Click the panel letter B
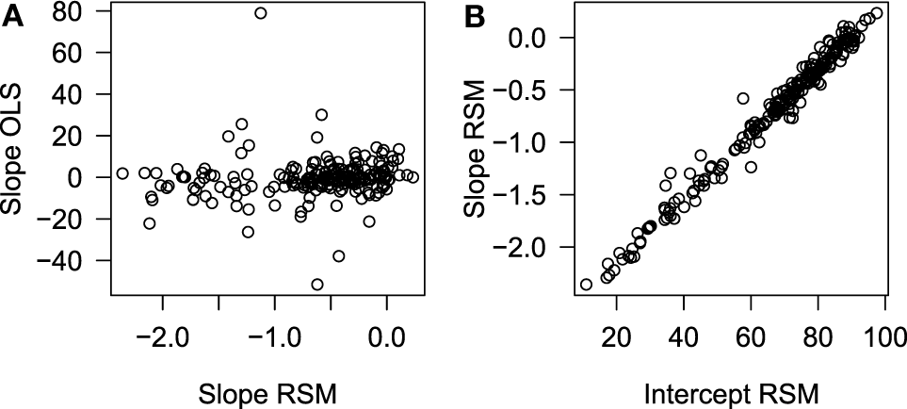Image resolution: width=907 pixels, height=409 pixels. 470,16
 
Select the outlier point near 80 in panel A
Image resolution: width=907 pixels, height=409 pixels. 261,13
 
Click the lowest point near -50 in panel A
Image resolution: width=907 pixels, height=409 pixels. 317,285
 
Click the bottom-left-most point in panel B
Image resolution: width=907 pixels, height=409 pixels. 587,284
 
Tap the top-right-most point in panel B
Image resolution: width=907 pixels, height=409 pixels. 876,13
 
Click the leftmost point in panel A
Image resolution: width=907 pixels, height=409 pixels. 122,173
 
